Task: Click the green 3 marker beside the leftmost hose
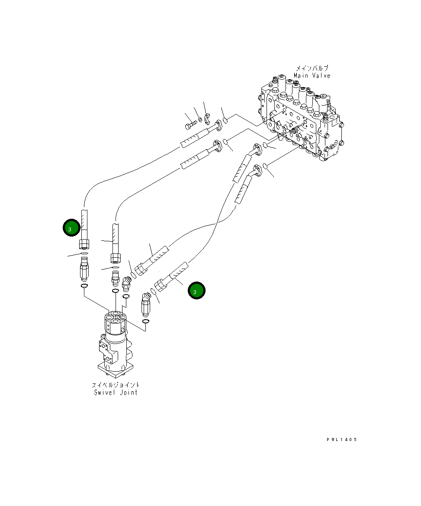pos(71,228)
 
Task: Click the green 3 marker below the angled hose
pos(196,291)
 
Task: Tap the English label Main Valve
pos(312,76)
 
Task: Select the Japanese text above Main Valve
pos(312,68)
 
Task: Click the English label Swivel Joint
pos(116,392)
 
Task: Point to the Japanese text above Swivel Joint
pos(116,385)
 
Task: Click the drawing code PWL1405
pos(341,440)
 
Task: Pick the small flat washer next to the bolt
pos(200,120)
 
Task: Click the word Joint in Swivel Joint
pos(128,392)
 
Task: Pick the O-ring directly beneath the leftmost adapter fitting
pos(84,286)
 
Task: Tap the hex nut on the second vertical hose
pos(116,259)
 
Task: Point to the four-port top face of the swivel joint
pos(116,317)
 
